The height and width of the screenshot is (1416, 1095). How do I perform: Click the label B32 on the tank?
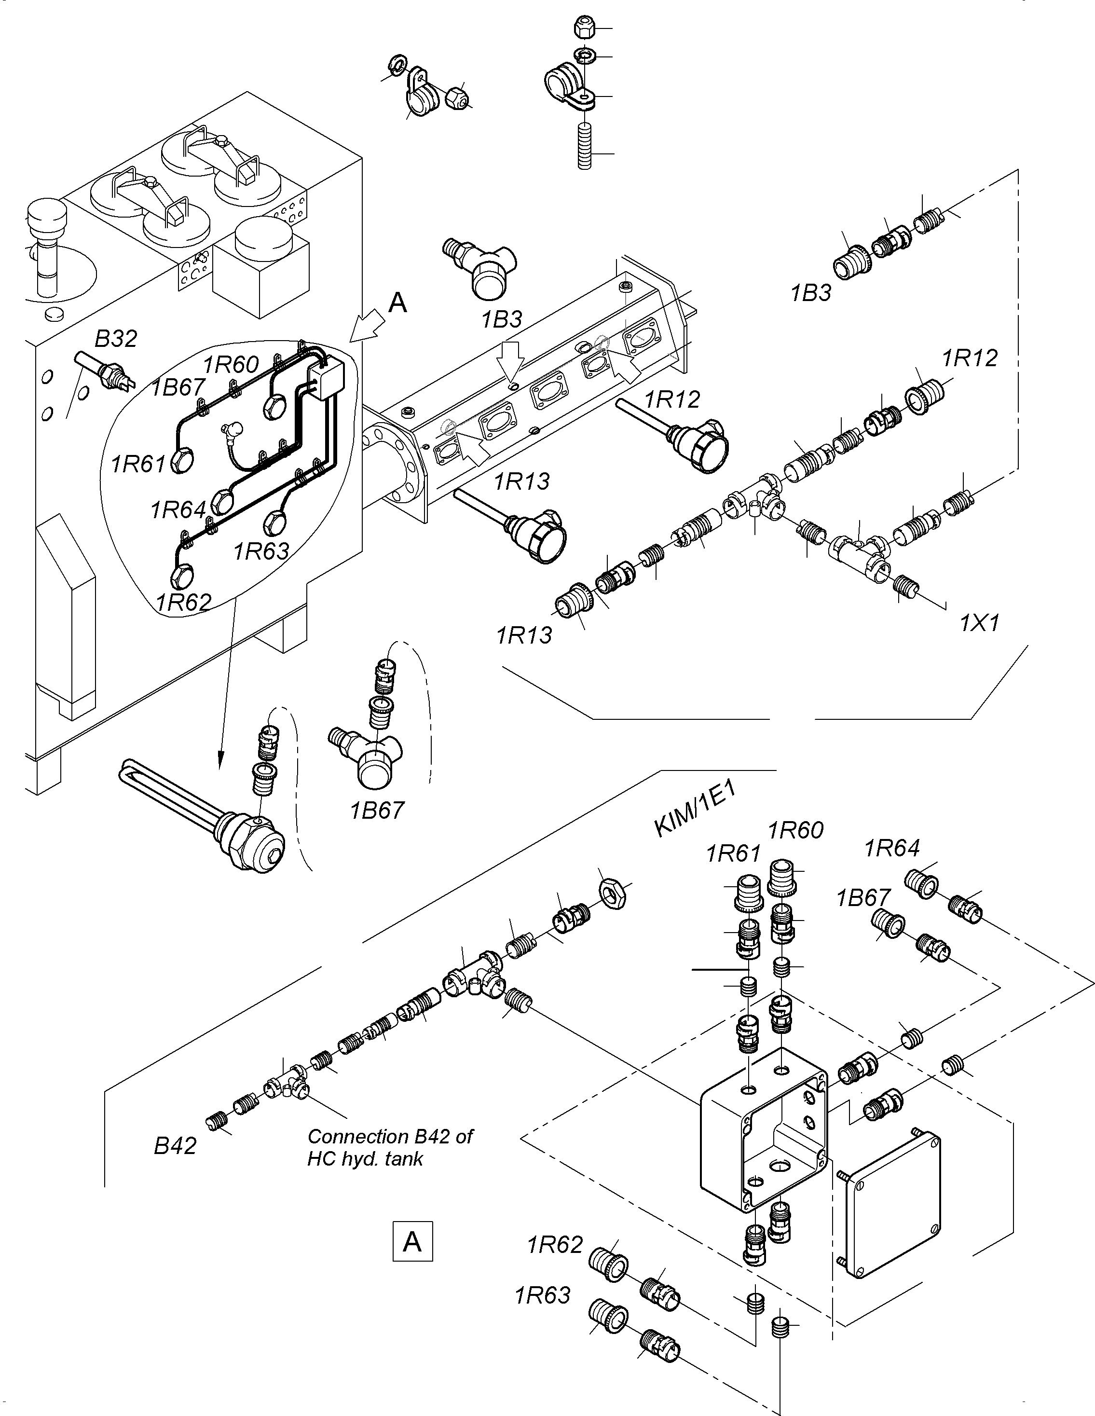tap(116, 338)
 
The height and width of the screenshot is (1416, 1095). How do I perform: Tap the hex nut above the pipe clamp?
tap(584, 28)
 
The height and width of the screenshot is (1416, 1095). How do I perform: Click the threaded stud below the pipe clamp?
tap(585, 148)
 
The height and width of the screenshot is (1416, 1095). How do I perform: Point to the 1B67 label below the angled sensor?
tap(377, 810)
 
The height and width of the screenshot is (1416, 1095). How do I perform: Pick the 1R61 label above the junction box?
tap(733, 854)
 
